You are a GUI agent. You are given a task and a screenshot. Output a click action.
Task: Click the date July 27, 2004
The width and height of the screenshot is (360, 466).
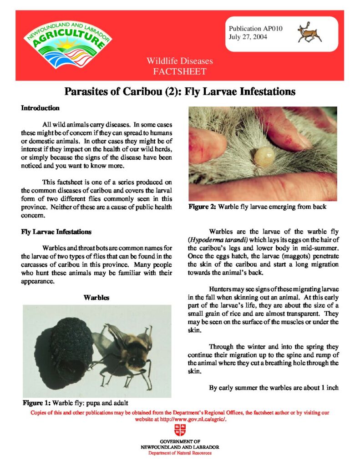click(248, 36)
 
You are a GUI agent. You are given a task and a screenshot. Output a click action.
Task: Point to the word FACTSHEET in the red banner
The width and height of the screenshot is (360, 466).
click(179, 71)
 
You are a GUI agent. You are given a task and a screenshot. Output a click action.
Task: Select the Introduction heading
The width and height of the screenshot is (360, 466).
click(41, 108)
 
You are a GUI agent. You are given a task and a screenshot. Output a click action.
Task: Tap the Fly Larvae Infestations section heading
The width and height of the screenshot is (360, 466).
click(56, 232)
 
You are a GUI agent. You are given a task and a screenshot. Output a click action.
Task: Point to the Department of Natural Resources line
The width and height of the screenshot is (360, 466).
click(180, 453)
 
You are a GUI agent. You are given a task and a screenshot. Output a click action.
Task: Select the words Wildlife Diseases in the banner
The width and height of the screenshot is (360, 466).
click(179, 61)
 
